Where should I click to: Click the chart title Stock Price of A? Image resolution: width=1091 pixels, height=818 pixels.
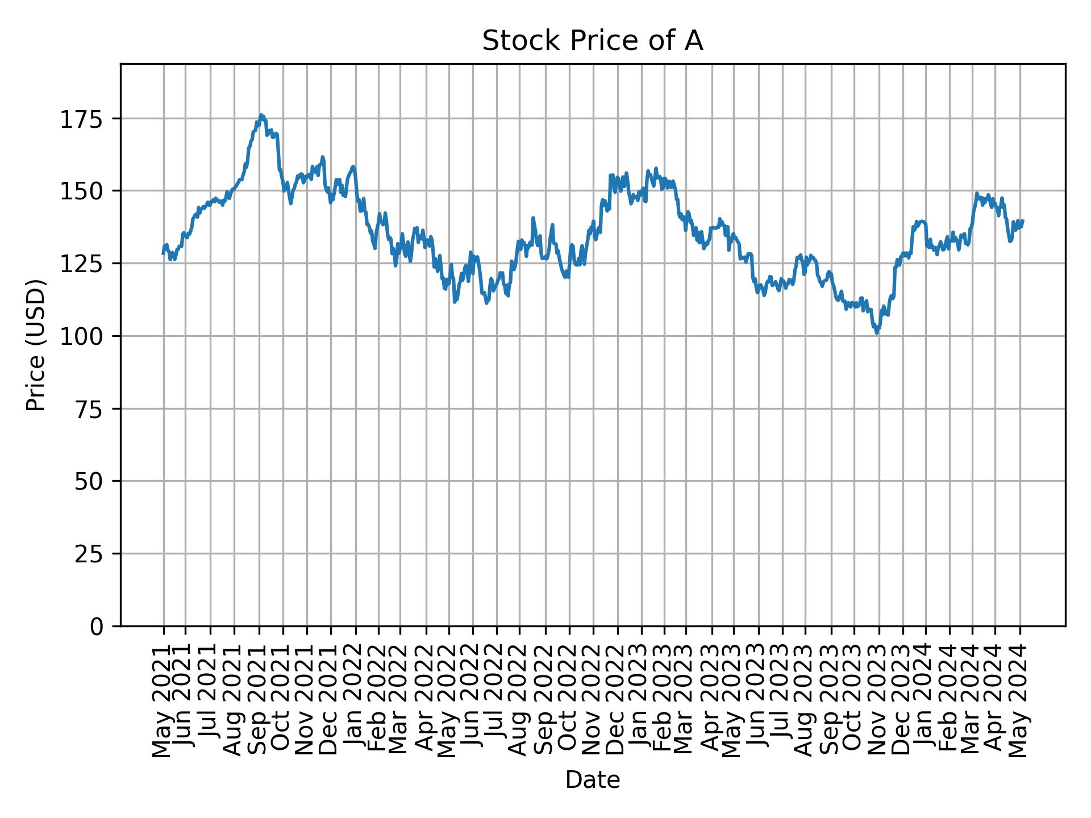(x=593, y=41)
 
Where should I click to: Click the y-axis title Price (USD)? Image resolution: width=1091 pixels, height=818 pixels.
(x=36, y=345)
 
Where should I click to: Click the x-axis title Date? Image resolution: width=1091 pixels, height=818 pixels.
(x=593, y=780)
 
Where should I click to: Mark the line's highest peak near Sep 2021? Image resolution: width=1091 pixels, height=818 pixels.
(x=261, y=115)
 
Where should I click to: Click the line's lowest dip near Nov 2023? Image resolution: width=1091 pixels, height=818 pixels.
(x=877, y=333)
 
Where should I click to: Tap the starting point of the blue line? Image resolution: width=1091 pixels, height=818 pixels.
(x=163, y=253)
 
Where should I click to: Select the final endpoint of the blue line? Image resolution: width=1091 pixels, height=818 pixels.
(x=1023, y=220)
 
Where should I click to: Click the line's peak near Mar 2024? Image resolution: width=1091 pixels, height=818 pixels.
(x=977, y=193)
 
